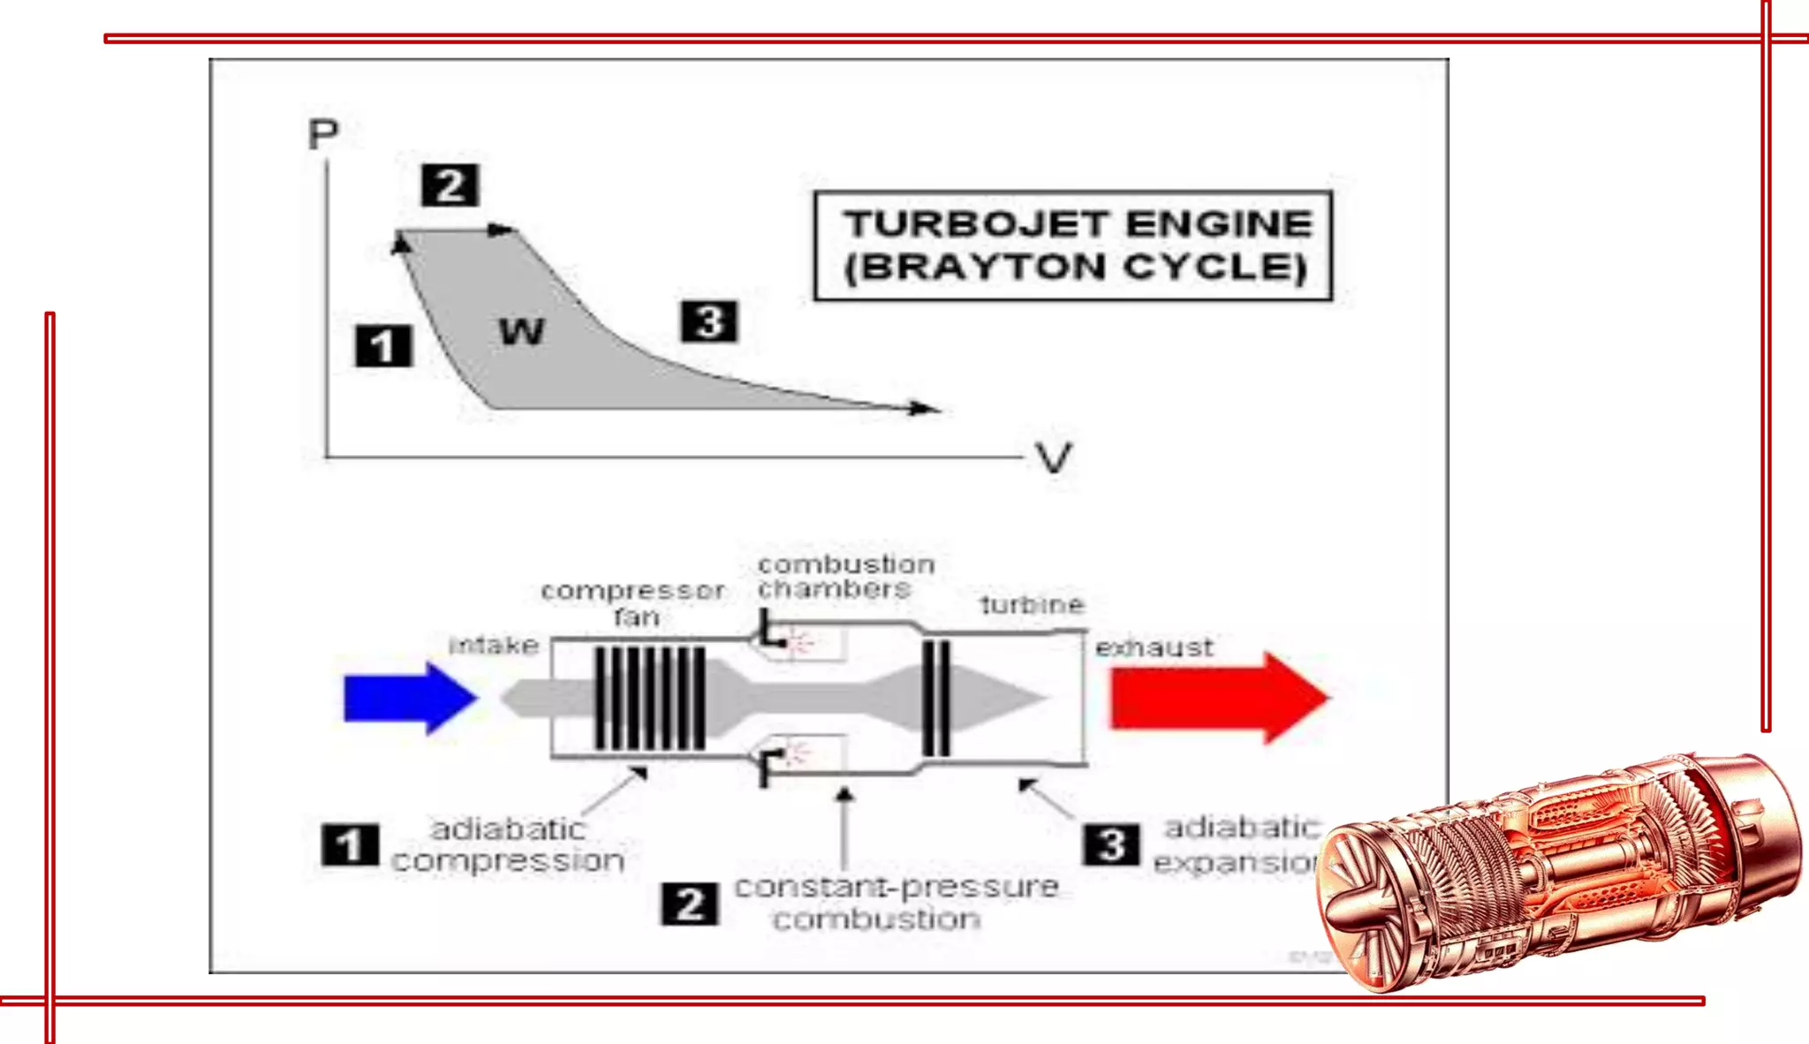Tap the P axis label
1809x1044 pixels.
point(323,135)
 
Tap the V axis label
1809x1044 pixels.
point(1054,458)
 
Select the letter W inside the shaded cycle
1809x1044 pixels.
point(522,331)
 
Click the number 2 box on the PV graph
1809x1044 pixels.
point(450,185)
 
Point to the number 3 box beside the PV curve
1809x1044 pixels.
point(708,322)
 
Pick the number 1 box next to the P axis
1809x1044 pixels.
point(383,345)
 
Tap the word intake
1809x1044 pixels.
point(494,646)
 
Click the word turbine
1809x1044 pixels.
point(1032,605)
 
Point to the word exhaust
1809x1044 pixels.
point(1154,647)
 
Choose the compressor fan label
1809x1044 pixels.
point(633,603)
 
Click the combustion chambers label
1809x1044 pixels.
point(845,577)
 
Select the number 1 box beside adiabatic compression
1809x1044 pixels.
point(351,845)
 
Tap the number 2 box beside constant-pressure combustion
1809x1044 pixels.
point(690,904)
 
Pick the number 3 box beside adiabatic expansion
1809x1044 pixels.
point(1111,844)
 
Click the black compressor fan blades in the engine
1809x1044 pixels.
point(649,698)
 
